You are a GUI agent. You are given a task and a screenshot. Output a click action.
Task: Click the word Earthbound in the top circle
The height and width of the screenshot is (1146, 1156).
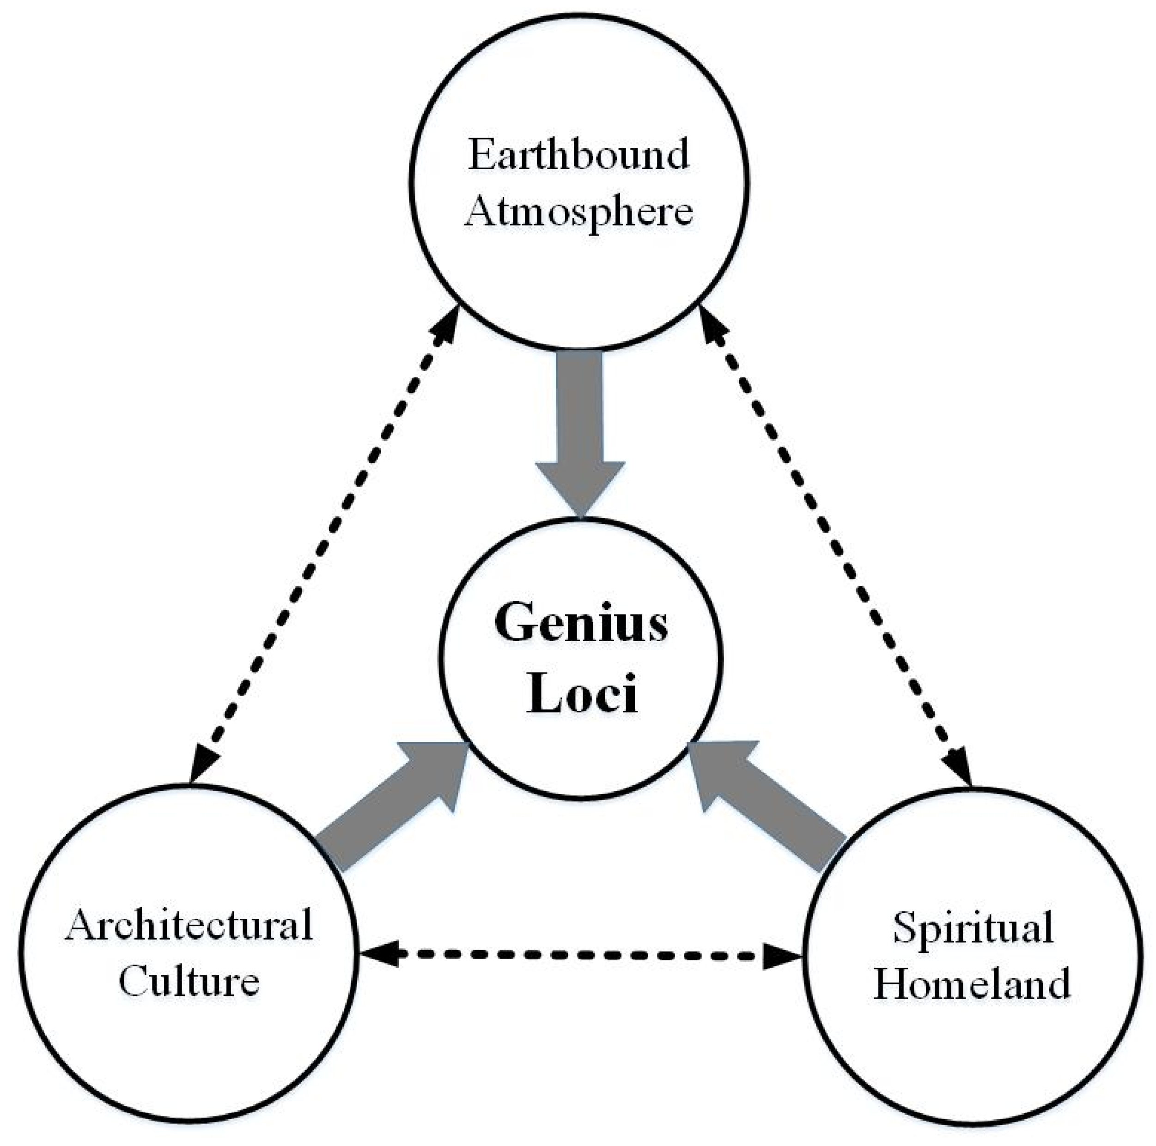(578, 154)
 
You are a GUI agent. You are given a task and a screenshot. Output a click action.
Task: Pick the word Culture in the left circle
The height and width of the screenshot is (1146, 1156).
(189, 982)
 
